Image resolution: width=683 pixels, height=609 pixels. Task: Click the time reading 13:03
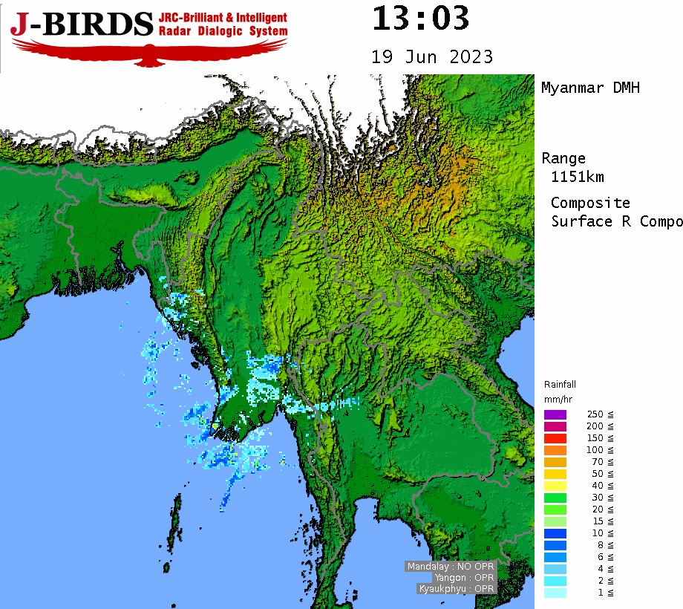(x=420, y=19)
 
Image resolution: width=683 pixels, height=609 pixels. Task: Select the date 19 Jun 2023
(x=432, y=57)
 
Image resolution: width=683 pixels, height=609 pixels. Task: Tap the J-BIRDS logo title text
(x=82, y=25)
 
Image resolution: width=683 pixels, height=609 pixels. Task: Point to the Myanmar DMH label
(x=590, y=88)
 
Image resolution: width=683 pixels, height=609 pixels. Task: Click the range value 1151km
(x=578, y=177)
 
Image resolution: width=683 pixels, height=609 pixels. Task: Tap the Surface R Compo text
(x=616, y=221)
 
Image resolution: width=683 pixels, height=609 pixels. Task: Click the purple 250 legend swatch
(x=555, y=414)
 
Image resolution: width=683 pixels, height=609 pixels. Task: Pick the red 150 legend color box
(x=555, y=438)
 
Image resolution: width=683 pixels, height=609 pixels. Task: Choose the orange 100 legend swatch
(x=555, y=450)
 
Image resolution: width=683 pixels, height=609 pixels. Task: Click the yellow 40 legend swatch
(x=555, y=486)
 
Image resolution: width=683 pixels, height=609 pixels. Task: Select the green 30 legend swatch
(x=555, y=498)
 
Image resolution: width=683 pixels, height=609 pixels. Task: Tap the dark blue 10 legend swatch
(x=555, y=533)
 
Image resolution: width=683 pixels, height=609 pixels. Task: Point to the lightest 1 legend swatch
(x=555, y=593)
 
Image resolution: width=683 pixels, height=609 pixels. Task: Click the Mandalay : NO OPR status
(x=451, y=567)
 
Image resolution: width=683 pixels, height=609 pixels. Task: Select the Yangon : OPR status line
(x=465, y=578)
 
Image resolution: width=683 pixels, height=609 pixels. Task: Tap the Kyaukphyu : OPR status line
(x=457, y=589)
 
